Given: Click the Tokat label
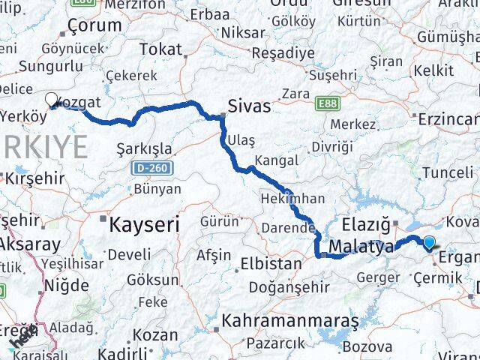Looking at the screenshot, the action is pos(161,50).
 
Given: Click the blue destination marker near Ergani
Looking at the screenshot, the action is pos(429,242).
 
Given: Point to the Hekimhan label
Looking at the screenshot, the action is pos(292,199).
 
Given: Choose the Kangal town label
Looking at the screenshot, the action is pos(276,160).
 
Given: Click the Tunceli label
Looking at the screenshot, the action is pos(447,172).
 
